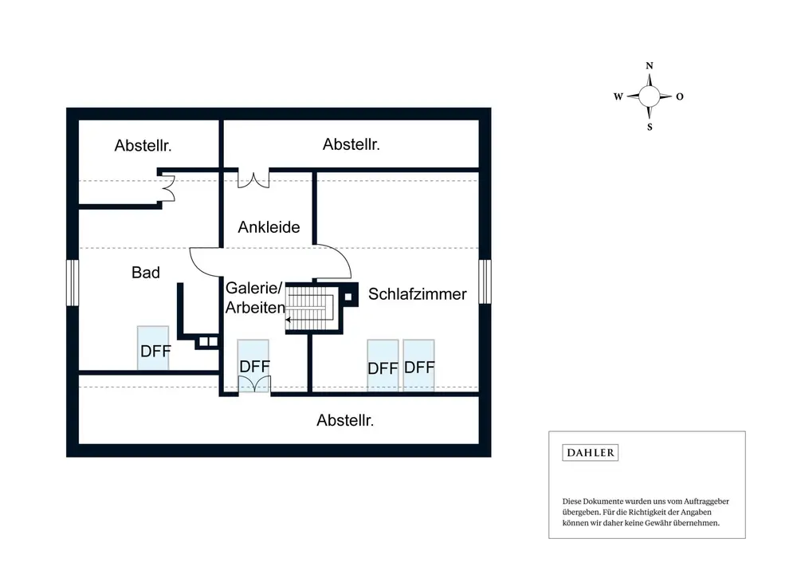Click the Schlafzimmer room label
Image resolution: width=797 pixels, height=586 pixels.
[418, 294]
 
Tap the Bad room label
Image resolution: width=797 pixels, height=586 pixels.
[146, 273]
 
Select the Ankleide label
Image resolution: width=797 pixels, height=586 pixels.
[269, 227]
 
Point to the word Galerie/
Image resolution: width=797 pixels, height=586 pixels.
[253, 288]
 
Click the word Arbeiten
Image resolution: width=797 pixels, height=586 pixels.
[255, 308]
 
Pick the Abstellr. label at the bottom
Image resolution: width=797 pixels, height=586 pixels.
[345, 421]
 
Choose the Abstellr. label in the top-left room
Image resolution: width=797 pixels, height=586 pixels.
[143, 145]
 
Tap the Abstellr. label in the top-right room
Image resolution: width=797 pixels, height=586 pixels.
[351, 144]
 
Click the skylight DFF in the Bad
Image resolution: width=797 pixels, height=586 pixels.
[153, 348]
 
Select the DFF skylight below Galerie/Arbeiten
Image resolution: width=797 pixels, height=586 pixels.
[253, 366]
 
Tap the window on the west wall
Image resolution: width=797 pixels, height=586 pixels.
[73, 283]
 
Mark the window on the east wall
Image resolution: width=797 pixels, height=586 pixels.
[485, 281]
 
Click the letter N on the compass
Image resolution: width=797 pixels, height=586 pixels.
[649, 65]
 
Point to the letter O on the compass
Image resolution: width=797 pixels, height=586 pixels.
[680, 96]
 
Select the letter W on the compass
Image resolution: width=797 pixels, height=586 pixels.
[618, 96]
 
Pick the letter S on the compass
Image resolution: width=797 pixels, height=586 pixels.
[650, 128]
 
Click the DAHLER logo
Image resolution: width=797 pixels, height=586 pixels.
[590, 453]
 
